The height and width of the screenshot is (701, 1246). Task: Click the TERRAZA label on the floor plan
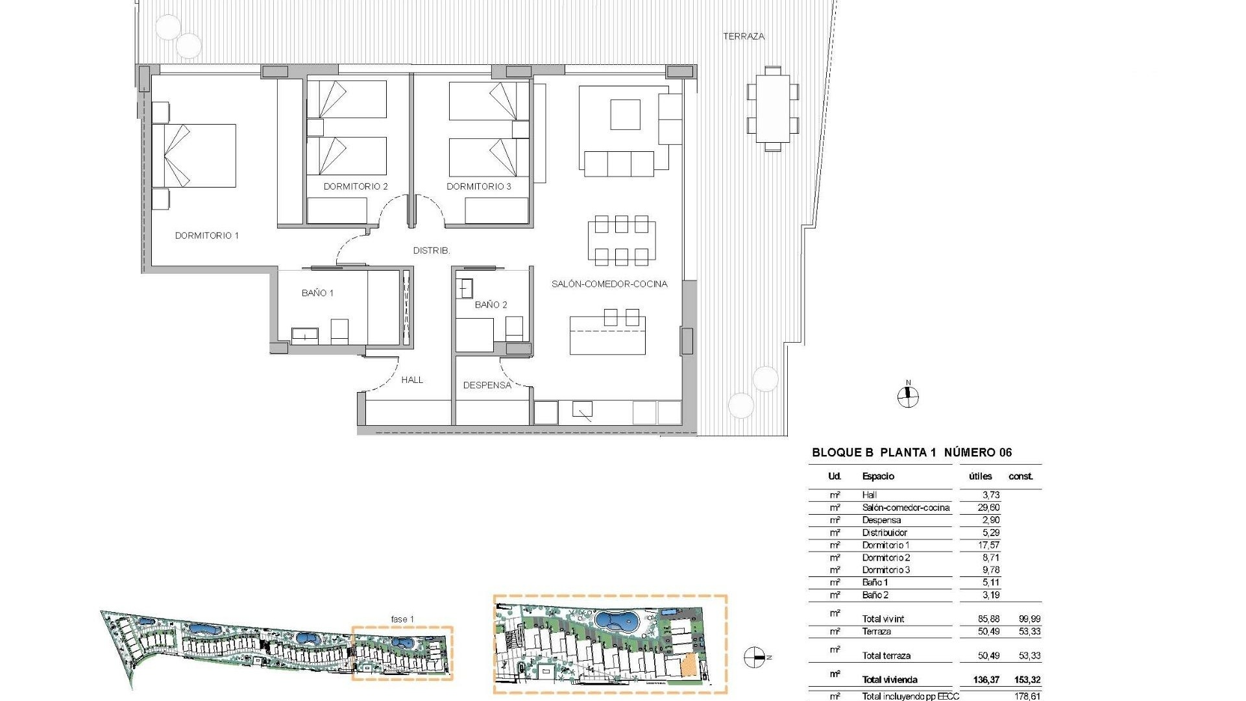(x=744, y=37)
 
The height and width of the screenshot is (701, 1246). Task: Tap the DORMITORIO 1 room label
(x=207, y=236)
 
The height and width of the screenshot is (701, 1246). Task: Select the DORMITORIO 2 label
(x=356, y=186)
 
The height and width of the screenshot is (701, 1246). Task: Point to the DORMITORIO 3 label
(x=479, y=186)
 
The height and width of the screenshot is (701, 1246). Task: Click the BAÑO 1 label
(x=317, y=293)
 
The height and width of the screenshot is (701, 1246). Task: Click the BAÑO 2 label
(x=491, y=305)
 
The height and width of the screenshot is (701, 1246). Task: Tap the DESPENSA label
(x=487, y=386)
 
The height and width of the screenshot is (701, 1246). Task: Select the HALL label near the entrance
(x=412, y=380)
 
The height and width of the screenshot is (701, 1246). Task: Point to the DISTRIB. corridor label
(x=432, y=251)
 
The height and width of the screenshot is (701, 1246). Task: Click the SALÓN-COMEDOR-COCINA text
(x=609, y=284)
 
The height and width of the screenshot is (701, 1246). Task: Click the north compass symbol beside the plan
(x=908, y=397)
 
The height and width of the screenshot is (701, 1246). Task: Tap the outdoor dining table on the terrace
(x=772, y=108)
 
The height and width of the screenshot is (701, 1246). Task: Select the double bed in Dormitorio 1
(x=195, y=156)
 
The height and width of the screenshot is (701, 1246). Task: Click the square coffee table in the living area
(x=625, y=114)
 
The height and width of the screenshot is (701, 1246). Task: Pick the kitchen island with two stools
(x=608, y=334)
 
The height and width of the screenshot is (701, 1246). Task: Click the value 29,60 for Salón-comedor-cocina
(x=989, y=508)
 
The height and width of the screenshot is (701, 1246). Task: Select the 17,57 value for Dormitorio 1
(x=989, y=545)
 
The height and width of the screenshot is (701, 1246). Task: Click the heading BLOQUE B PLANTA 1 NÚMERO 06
(x=912, y=453)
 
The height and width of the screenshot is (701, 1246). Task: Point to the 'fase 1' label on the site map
(x=402, y=619)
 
